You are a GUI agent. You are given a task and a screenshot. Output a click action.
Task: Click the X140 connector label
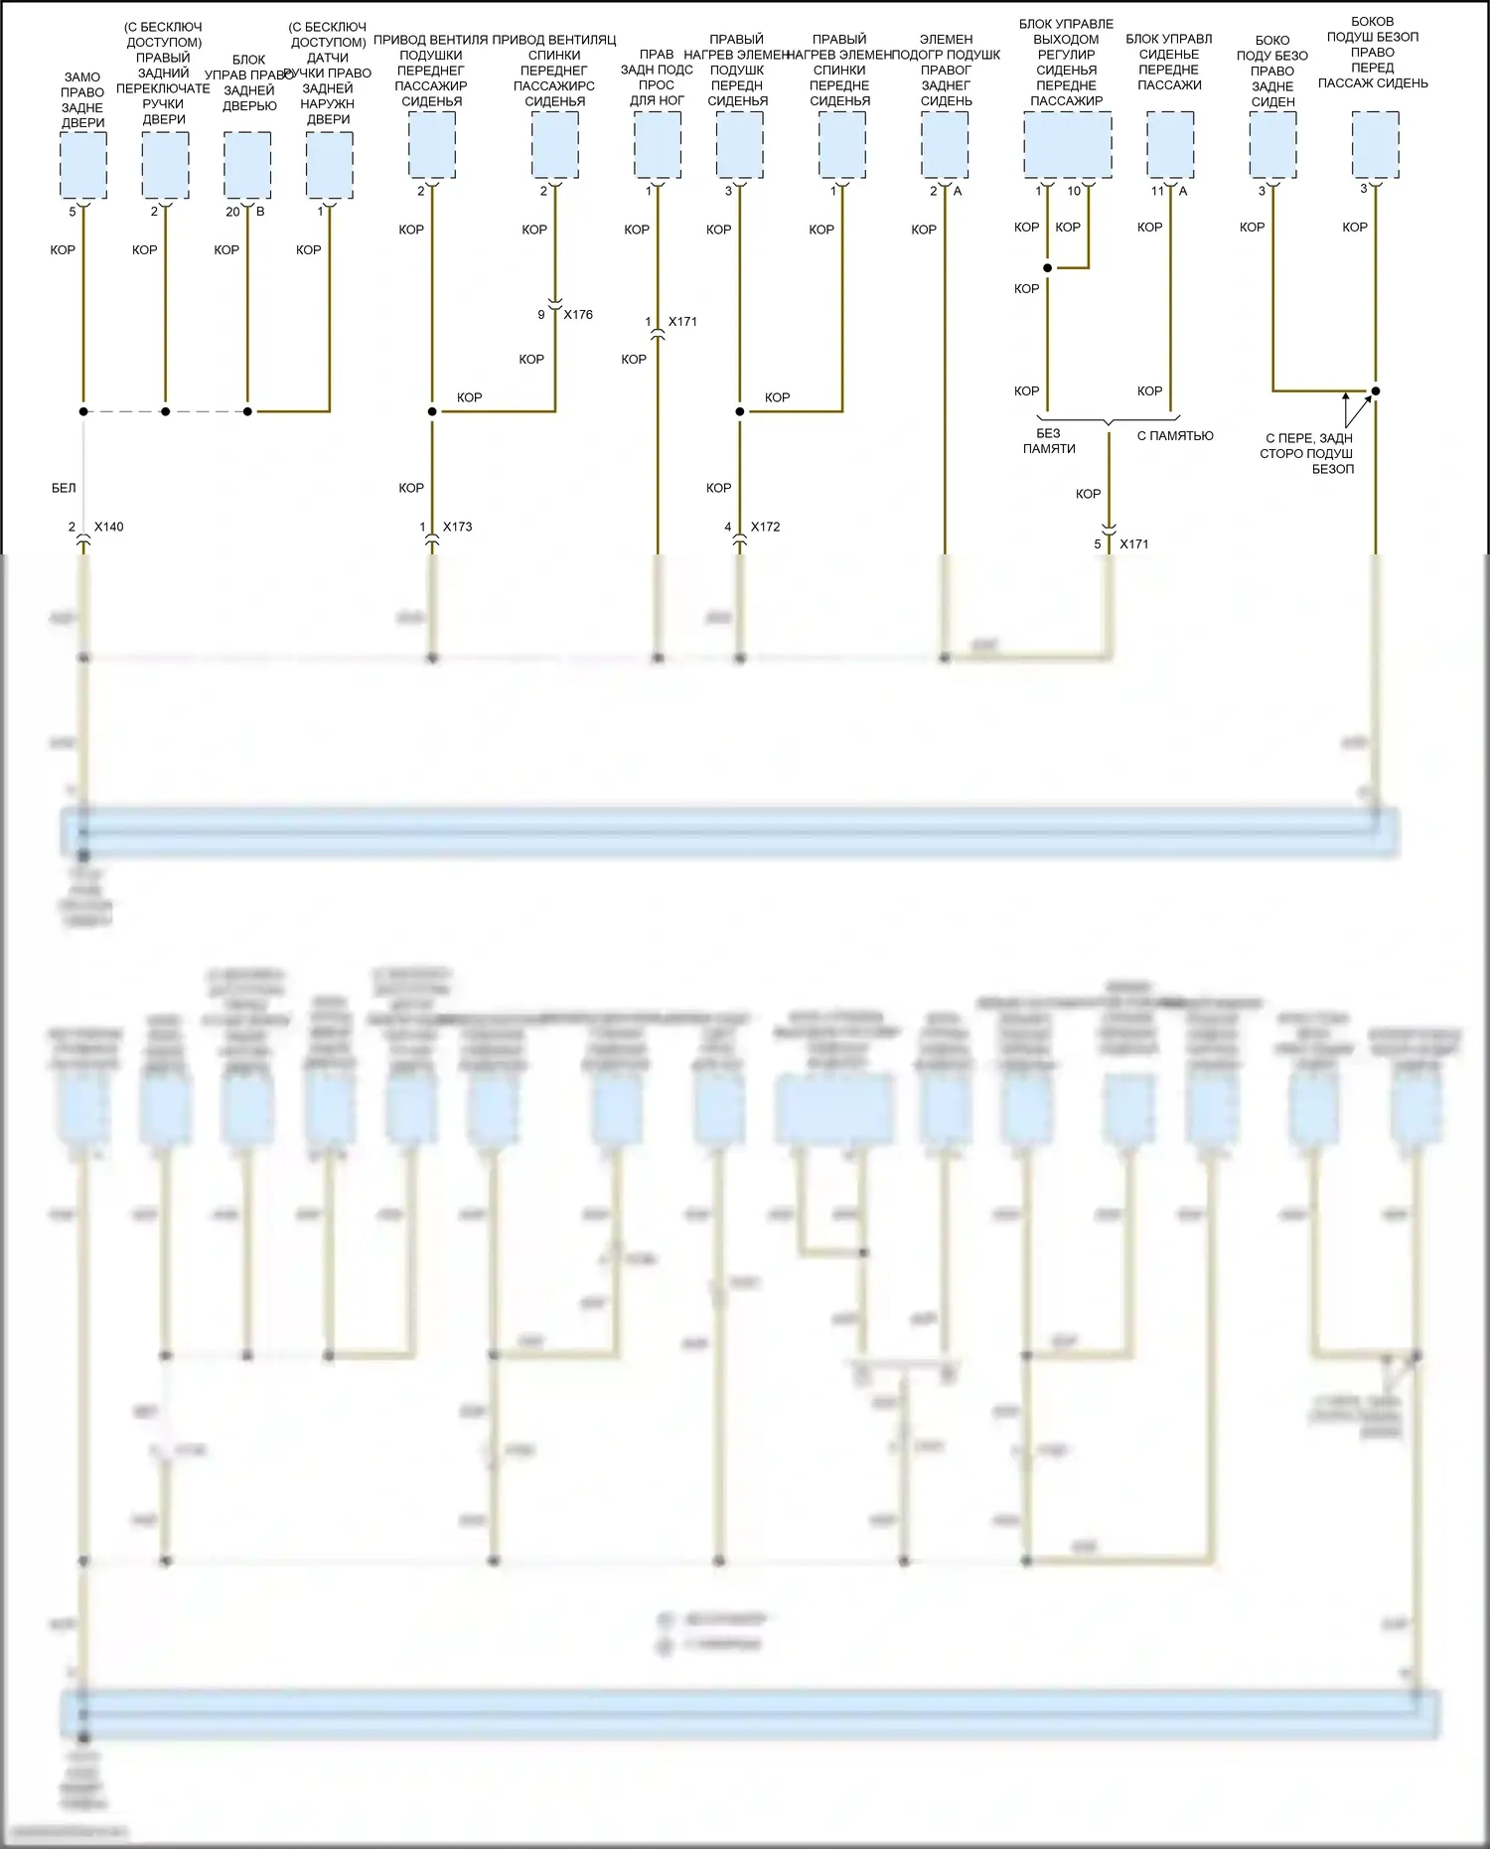[109, 527]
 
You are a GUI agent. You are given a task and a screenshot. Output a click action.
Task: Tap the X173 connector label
[457, 527]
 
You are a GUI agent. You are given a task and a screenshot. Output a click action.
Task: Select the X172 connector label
[765, 527]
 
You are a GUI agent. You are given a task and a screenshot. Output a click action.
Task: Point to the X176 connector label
[578, 315]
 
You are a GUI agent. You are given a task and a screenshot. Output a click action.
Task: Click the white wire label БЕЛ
[64, 488]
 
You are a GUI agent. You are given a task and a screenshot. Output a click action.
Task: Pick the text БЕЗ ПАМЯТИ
[1049, 441]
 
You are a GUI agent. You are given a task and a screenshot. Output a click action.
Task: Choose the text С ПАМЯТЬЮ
[1175, 435]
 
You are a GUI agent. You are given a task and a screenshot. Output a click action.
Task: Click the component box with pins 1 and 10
[1067, 145]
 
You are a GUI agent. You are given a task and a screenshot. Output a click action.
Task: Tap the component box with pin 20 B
[247, 165]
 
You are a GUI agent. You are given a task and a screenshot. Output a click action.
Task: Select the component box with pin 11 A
[1170, 145]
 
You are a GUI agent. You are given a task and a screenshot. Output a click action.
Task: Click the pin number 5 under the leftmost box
[73, 212]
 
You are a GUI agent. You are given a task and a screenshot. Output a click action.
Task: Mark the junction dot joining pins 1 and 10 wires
[1048, 268]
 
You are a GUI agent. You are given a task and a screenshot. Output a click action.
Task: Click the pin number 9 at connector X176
[541, 315]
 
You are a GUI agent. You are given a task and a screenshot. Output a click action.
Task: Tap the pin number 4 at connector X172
[728, 527]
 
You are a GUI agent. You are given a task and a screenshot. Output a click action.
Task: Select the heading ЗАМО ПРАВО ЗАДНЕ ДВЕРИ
[82, 99]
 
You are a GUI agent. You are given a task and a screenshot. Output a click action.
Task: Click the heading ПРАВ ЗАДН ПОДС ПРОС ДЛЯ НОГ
[657, 77]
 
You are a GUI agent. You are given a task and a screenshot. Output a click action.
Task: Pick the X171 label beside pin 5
[1133, 544]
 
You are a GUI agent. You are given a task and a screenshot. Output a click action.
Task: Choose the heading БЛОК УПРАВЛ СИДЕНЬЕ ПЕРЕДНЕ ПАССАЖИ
[1169, 62]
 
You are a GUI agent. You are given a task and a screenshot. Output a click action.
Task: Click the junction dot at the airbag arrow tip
[1376, 390]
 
